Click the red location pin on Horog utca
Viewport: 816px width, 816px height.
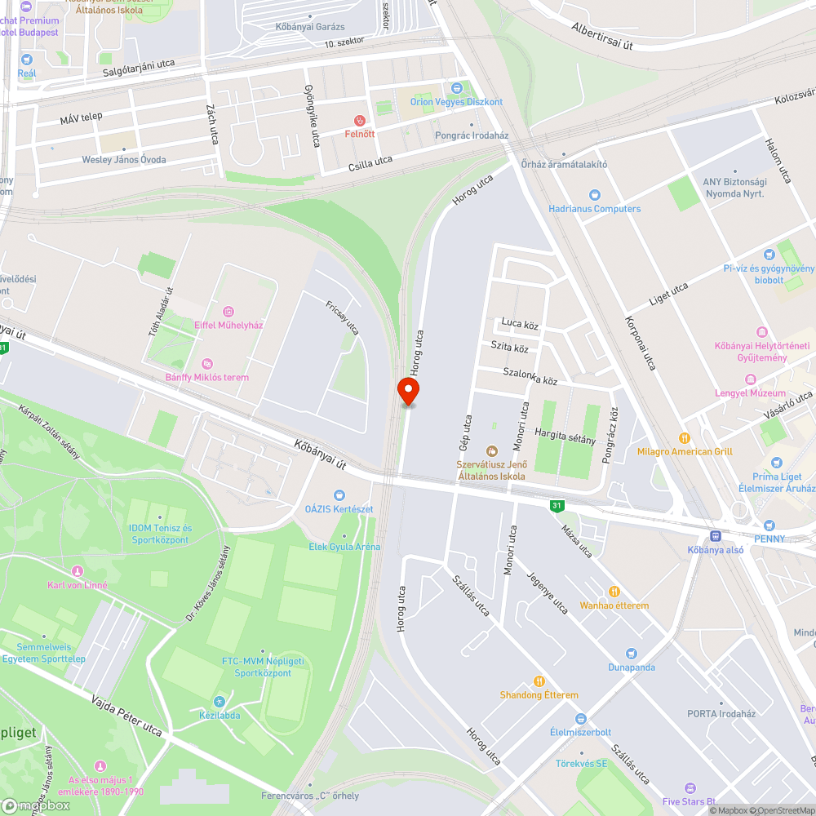pos(408,392)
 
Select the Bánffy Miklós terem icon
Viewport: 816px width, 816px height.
pos(207,363)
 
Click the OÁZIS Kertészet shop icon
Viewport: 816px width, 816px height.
pos(339,495)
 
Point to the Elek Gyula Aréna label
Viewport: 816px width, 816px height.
pos(344,547)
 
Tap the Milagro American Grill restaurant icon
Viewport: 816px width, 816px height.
pos(685,438)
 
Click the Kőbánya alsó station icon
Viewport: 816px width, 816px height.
pos(716,536)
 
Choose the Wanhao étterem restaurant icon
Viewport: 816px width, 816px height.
pos(614,592)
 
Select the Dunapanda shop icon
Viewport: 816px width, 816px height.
pos(631,654)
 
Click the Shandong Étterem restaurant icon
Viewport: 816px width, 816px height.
pos(539,681)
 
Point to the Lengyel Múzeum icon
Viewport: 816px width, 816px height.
pos(750,379)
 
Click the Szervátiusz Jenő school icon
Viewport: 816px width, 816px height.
pos(491,451)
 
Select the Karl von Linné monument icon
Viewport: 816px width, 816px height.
pos(78,571)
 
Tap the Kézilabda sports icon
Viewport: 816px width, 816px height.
pos(218,702)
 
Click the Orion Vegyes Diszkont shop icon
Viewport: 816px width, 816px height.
pos(457,88)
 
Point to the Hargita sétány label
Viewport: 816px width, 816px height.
pos(565,437)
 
